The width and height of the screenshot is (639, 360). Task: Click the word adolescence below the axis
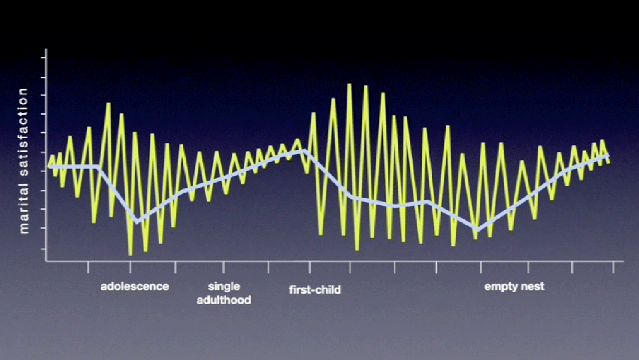[135, 286]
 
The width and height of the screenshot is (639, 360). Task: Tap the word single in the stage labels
[224, 287]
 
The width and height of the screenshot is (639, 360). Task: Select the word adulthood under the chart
[224, 300]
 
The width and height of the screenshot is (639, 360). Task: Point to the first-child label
[315, 290]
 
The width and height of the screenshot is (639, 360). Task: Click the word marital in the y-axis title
[23, 209]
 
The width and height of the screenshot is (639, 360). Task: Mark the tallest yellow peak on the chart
[349, 85]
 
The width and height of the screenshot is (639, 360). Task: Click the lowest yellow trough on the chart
[131, 254]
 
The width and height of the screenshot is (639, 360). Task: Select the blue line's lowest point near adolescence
[137, 222]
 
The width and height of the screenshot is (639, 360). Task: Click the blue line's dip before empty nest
[478, 229]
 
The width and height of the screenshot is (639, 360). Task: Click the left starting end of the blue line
[50, 167]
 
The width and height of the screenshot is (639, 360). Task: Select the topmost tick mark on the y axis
[43, 57]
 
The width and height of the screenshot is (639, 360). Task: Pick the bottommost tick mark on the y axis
[43, 249]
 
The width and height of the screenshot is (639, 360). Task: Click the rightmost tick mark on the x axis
[613, 267]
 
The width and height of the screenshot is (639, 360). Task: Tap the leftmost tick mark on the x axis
[88, 267]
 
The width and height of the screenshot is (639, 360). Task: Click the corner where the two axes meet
[46, 261]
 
